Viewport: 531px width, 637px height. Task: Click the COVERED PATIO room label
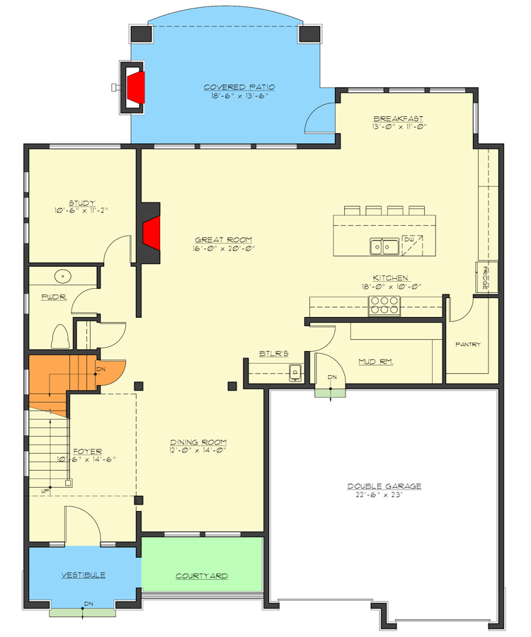pyautogui.click(x=239, y=87)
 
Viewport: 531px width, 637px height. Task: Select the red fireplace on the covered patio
pyautogui.click(x=136, y=88)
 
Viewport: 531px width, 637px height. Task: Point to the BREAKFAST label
pyautogui.click(x=399, y=118)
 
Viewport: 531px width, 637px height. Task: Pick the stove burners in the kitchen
pyautogui.click(x=384, y=304)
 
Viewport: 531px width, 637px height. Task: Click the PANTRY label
pyautogui.click(x=468, y=345)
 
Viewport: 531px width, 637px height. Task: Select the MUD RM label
pyautogui.click(x=375, y=362)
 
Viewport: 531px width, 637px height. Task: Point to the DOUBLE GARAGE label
pyautogui.click(x=384, y=486)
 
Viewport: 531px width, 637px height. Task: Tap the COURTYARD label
pyautogui.click(x=202, y=576)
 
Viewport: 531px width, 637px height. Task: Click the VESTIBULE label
pyautogui.click(x=83, y=575)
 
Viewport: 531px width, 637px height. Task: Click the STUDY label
pyautogui.click(x=82, y=202)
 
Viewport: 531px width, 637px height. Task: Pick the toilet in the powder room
pyautogui.click(x=60, y=335)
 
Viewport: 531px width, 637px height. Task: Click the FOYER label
pyautogui.click(x=88, y=451)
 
